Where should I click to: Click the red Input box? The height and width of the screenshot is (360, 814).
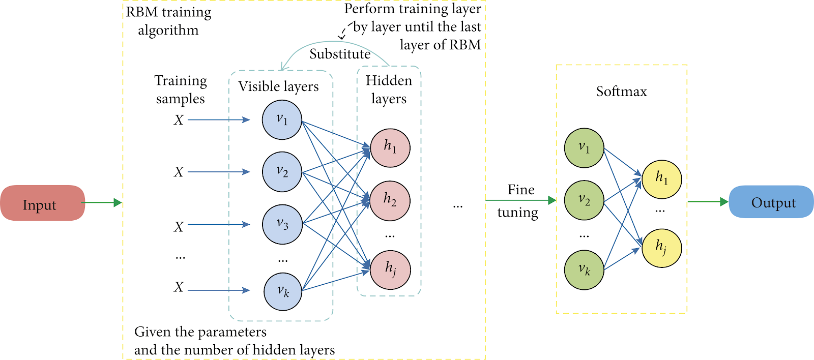[43, 203]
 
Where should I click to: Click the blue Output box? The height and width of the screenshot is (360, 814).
[771, 202]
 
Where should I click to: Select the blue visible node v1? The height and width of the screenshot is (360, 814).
[282, 120]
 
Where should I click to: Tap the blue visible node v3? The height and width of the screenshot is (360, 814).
[282, 224]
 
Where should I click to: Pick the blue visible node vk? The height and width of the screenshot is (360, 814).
[283, 291]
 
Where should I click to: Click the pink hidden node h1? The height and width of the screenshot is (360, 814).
[390, 148]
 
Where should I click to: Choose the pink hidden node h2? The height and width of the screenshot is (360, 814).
[390, 200]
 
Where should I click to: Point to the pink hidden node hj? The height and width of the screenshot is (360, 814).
[390, 270]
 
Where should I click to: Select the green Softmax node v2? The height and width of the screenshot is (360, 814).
[584, 200]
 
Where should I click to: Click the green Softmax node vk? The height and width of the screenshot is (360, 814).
[584, 270]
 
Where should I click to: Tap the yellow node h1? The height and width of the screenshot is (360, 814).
[662, 179]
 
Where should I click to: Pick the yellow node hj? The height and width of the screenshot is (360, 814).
[662, 248]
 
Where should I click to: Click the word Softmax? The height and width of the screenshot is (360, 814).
[621, 91]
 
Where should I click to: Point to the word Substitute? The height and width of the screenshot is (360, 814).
[340, 54]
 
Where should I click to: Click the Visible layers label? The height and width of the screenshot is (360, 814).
[278, 86]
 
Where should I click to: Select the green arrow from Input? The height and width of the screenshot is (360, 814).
[101, 203]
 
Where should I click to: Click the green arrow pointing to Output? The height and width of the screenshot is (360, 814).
[708, 202]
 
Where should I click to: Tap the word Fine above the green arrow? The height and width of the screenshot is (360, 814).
[521, 190]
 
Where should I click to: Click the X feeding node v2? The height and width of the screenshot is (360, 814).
[179, 172]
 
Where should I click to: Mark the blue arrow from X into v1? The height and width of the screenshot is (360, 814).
[219, 119]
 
